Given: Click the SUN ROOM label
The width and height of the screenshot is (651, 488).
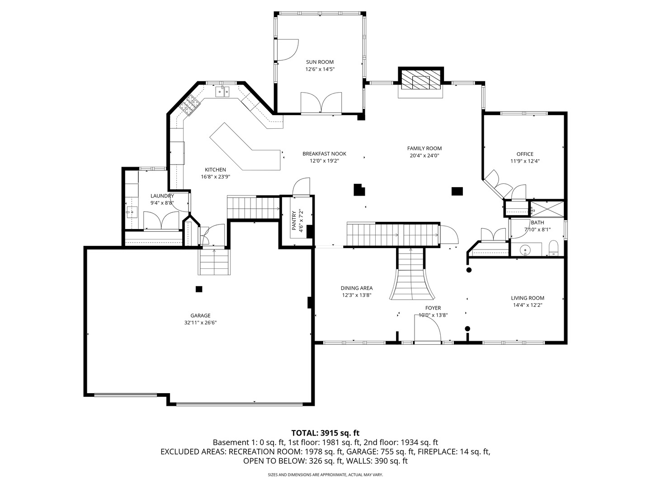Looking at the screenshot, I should (x=320, y=62).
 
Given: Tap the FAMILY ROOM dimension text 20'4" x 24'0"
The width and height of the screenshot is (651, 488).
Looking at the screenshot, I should (x=424, y=155).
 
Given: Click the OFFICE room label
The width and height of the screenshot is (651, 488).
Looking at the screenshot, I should (x=525, y=154).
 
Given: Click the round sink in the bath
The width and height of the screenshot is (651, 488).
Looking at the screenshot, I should (x=526, y=250).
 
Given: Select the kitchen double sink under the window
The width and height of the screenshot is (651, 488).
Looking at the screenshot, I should (x=222, y=92).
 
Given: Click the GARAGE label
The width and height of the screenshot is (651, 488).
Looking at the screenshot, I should (x=200, y=316).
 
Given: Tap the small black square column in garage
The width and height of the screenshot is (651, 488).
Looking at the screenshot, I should (x=199, y=289).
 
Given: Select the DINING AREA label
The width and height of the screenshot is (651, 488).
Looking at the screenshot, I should (x=357, y=288).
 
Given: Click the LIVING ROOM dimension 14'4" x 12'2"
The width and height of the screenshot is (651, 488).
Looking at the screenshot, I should (x=527, y=305).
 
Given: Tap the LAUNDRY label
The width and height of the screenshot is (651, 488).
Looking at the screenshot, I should (x=162, y=196).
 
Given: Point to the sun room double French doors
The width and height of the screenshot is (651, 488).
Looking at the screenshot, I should (x=321, y=103).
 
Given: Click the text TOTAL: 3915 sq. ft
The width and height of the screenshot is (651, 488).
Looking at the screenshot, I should (x=325, y=433).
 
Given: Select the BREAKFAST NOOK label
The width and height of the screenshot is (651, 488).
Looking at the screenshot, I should (x=324, y=154).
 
